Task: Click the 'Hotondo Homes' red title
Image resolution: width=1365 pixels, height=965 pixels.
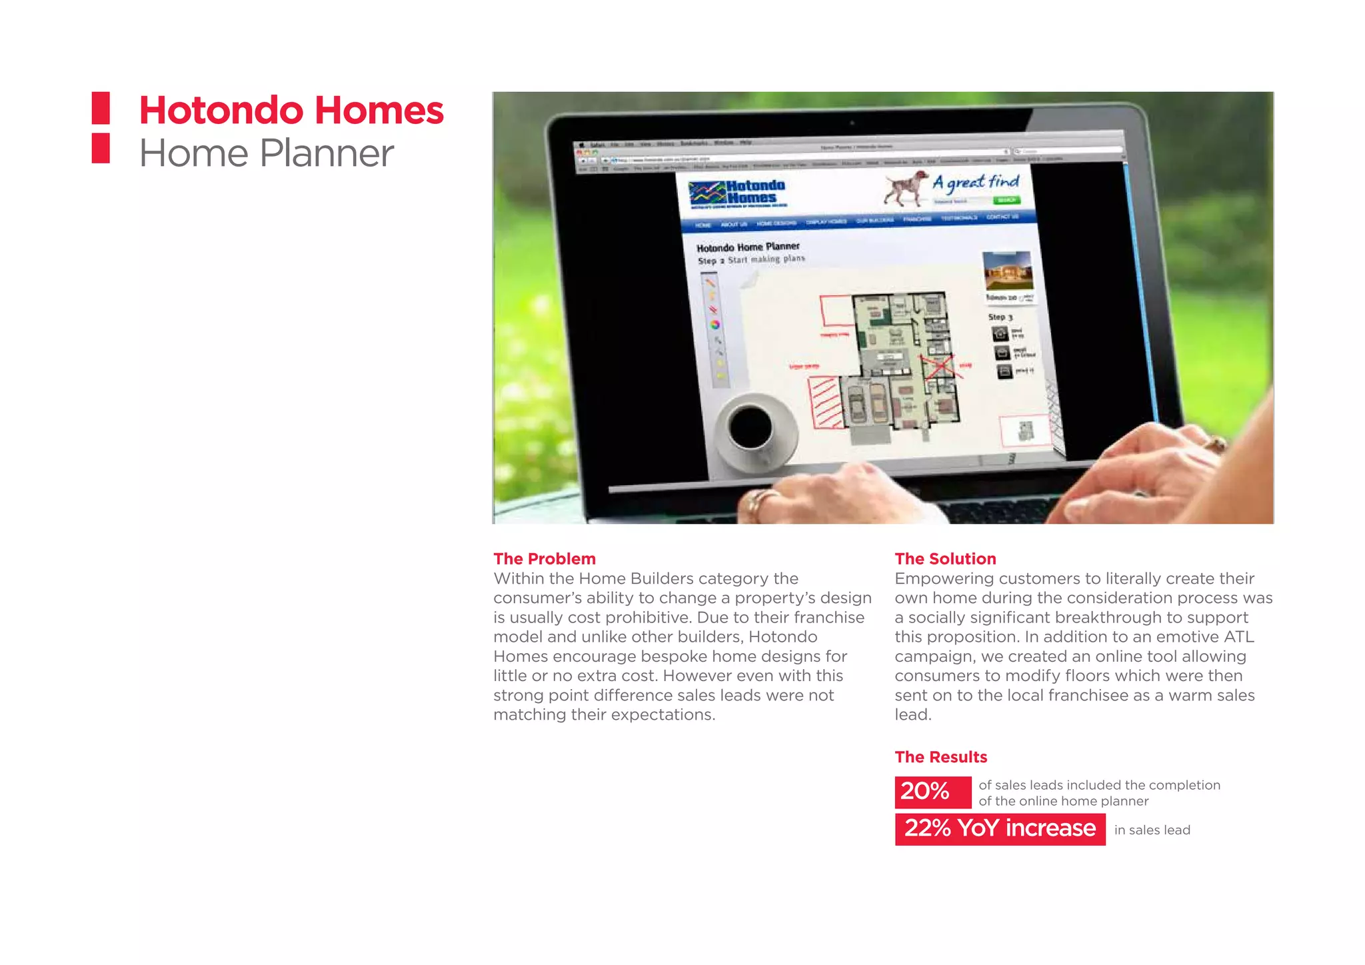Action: [x=291, y=111]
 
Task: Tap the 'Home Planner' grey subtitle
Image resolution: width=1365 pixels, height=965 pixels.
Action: [x=266, y=154]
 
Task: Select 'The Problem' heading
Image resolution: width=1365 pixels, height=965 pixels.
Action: [x=544, y=558]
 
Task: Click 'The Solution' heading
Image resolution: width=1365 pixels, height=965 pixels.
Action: [x=944, y=558]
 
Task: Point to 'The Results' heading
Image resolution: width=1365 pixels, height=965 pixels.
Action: [x=940, y=757]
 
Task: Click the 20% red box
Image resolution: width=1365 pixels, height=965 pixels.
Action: [x=932, y=792]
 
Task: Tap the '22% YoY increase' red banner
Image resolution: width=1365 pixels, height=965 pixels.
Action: [x=999, y=829]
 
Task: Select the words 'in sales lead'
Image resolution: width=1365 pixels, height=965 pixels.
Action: [x=1152, y=830]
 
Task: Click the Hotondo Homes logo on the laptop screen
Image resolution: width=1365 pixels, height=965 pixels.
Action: [x=737, y=193]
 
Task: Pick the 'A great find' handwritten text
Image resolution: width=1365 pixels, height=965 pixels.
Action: [x=976, y=182]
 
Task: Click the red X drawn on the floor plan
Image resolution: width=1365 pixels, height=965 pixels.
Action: [x=940, y=366]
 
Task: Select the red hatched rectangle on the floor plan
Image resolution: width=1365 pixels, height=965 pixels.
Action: [x=826, y=402]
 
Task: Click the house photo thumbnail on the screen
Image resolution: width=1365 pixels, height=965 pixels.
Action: [x=1007, y=270]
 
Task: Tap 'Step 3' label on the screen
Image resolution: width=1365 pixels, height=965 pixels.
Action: [x=1000, y=317]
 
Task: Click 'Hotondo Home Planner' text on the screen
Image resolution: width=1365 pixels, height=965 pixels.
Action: [x=747, y=247]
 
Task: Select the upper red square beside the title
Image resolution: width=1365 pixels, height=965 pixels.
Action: [x=101, y=108]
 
